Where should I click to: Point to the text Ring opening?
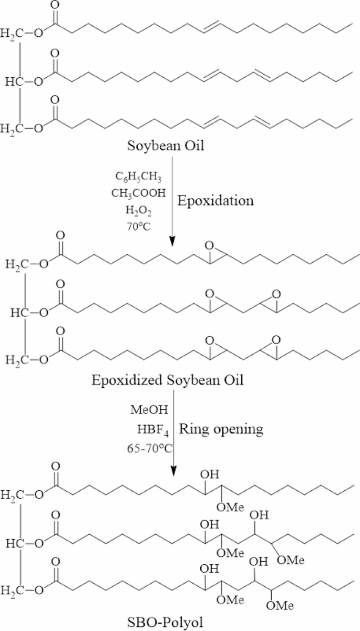click(221, 429)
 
